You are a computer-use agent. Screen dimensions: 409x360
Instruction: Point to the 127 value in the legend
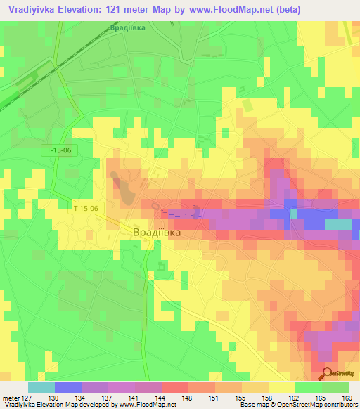point(27,398)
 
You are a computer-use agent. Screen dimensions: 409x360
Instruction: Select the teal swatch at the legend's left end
point(41,387)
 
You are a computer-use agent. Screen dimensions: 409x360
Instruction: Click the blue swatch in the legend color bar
point(67,387)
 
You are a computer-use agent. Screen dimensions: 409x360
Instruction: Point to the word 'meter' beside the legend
point(10,398)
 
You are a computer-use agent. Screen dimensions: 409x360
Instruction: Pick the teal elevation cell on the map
point(338,224)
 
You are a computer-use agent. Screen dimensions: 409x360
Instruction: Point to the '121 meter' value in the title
point(142,10)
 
